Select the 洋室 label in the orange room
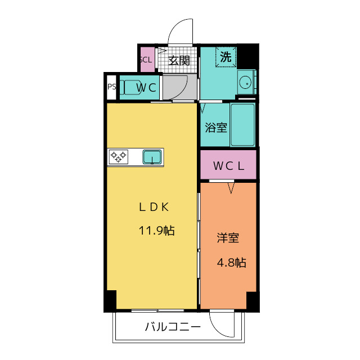coord(228,238)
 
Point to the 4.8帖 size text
coord(231,262)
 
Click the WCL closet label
coord(228,166)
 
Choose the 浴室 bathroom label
coord(216,127)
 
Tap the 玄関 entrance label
coord(179,61)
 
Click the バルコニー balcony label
coord(173,327)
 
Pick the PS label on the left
coord(111,87)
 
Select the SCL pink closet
coord(146,59)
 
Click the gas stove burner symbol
coord(118,157)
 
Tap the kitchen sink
coord(152,157)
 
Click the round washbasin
coord(245,83)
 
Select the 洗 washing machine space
coord(226,56)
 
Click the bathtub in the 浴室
coord(243,124)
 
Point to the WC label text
coord(147,88)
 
